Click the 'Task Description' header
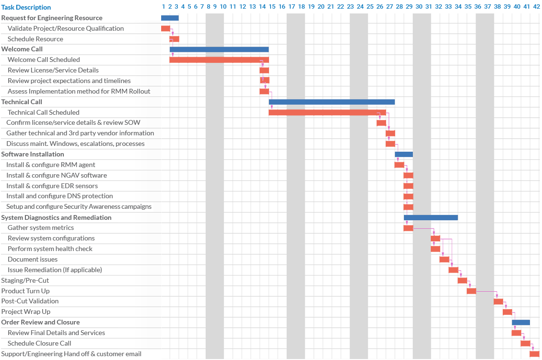[x=26, y=7]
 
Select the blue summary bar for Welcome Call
[x=219, y=49]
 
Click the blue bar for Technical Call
[x=331, y=102]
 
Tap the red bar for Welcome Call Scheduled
[x=219, y=60]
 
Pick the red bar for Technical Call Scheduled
[x=327, y=112]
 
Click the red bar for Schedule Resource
[x=174, y=39]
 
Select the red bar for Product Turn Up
[x=471, y=291]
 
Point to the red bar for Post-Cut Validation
[x=498, y=301]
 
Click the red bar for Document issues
[x=444, y=260]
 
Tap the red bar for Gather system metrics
[x=408, y=228]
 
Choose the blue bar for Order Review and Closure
[x=520, y=323]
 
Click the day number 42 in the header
[x=536, y=7]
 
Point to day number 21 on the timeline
[x=331, y=7]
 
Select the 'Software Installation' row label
[x=33, y=154]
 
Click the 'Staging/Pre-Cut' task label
[x=25, y=280]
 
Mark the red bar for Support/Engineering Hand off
[x=534, y=354]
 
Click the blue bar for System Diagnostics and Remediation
[x=431, y=217]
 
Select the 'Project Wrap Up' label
[x=26, y=312]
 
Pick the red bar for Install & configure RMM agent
[x=399, y=165]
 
